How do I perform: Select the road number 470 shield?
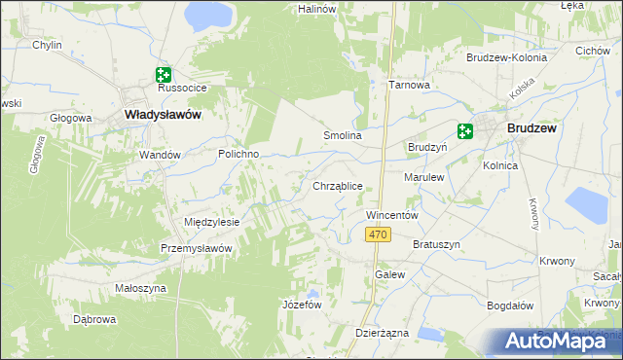pyautogui.click(x=380, y=235)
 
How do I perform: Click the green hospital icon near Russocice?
pyautogui.click(x=163, y=74)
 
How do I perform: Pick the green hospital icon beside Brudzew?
pyautogui.click(x=465, y=131)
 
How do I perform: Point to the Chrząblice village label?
pyautogui.click(x=338, y=185)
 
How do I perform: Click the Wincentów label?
pyautogui.click(x=391, y=214)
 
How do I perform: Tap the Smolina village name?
pyautogui.click(x=343, y=136)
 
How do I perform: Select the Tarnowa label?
pyautogui.click(x=410, y=85)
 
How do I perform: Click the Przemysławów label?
pyautogui.click(x=197, y=248)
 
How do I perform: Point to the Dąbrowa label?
pyautogui.click(x=95, y=319)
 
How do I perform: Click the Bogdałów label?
pyautogui.click(x=510, y=306)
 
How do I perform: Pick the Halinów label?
pyautogui.click(x=316, y=8)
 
